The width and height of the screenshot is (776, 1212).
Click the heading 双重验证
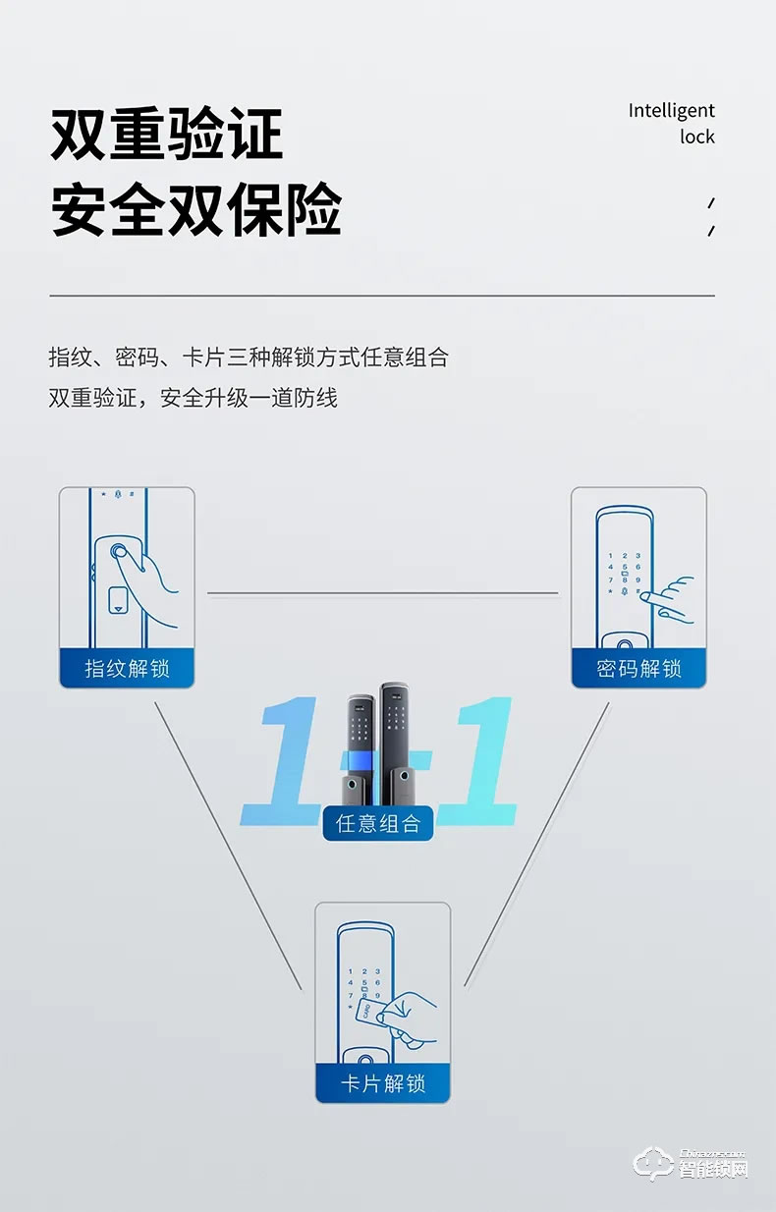tap(166, 135)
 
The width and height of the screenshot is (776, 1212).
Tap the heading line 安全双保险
tap(195, 209)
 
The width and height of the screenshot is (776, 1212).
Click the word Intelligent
tap(671, 110)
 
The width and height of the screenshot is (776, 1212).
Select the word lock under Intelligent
tap(696, 137)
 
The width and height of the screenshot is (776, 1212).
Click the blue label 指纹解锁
tap(127, 669)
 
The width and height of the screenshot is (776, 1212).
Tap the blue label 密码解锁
tap(638, 669)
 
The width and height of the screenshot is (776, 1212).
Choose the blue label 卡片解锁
tap(382, 1084)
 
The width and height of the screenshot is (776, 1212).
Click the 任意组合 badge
tap(378, 823)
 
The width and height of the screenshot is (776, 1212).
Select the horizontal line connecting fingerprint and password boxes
tap(382, 593)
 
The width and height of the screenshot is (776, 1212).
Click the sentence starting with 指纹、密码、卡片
tap(248, 357)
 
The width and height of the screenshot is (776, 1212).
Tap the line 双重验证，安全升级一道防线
tap(193, 398)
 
